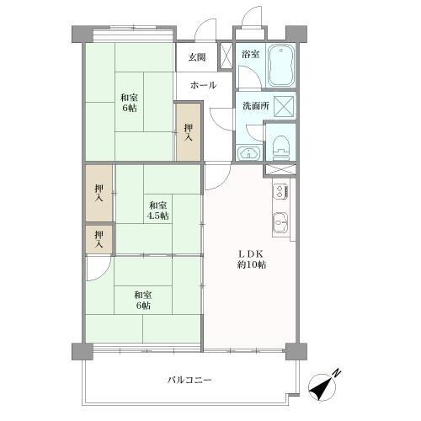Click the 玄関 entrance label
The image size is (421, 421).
pyautogui.click(x=196, y=57)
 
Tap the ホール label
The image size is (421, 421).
pyautogui.click(x=203, y=85)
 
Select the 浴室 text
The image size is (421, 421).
pyautogui.click(x=250, y=55)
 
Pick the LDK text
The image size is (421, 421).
pyautogui.click(x=251, y=252)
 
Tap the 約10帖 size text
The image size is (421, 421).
pyautogui.click(x=251, y=264)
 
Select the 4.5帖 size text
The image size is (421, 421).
pyautogui.click(x=157, y=216)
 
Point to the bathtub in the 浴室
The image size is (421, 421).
pyautogui.click(x=280, y=66)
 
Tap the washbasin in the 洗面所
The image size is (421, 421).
pyautogui.click(x=248, y=152)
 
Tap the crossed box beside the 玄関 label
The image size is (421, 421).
pyautogui.click(x=226, y=55)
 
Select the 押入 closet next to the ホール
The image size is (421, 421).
pyautogui.click(x=189, y=131)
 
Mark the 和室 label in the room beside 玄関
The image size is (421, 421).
pyautogui.click(x=128, y=97)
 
